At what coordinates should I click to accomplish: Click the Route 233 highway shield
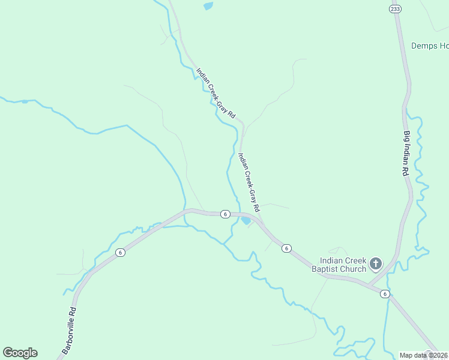coord(394,8)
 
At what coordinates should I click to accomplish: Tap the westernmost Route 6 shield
coord(121,252)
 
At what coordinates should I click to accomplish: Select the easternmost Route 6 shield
coord(385,293)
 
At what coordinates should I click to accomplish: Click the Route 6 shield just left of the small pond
coord(224,214)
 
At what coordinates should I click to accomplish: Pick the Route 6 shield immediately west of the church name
coord(286,248)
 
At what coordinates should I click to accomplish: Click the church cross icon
coord(376,263)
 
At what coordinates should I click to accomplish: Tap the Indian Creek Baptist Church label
coord(343,265)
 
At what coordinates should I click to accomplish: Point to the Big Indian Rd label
coord(406,153)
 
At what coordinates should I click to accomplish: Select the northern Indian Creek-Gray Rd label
coord(216,92)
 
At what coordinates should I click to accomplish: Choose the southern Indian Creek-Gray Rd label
coord(249,182)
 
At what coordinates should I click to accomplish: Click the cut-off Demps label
coord(430,46)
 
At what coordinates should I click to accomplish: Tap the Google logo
coord(20,353)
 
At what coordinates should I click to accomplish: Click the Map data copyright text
coord(424,355)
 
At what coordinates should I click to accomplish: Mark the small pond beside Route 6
coord(246,220)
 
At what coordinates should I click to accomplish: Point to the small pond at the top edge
coord(208,6)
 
